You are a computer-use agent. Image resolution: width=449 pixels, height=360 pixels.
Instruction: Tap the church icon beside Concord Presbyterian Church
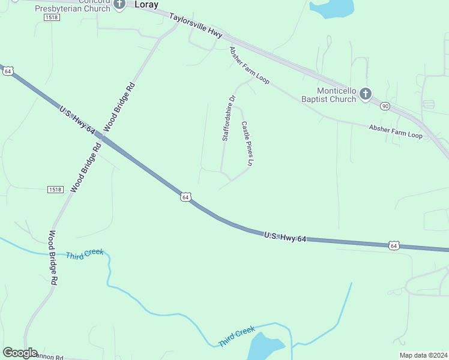tap(119, 4)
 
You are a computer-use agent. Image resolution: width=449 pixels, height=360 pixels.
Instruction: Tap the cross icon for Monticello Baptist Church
tap(366, 94)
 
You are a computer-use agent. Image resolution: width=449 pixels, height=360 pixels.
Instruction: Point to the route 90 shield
tap(385, 106)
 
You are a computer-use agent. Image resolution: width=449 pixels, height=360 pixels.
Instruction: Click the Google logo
tap(20, 353)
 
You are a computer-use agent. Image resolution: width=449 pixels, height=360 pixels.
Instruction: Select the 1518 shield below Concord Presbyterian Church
tap(52, 18)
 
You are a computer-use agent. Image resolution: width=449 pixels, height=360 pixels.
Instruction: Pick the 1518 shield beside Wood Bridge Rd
tap(55, 190)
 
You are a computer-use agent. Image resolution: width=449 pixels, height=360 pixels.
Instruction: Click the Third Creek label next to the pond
tap(237, 336)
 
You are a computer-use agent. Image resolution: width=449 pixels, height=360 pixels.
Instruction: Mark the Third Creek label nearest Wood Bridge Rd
tap(85, 254)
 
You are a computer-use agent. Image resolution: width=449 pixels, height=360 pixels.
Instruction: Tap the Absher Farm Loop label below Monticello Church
tap(396, 131)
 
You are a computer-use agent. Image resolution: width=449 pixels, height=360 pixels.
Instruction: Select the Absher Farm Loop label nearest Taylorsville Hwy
tap(249, 65)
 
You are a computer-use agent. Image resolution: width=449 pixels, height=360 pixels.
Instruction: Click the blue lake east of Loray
tap(331, 7)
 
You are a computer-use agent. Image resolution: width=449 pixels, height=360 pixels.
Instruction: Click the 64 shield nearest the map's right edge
tap(393, 245)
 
